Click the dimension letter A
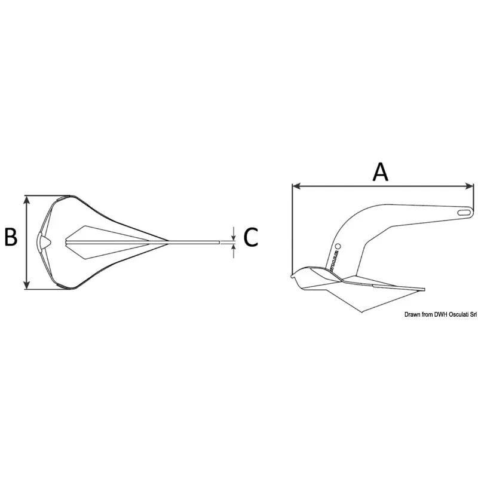[381, 171]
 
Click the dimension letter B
[11, 237]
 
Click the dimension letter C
[251, 237]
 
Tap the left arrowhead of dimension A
[295, 186]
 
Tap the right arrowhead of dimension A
[471, 186]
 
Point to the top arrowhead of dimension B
[26, 200]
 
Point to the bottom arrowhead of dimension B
[26, 286]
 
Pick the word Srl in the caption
[471, 315]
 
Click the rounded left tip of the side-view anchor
[292, 276]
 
